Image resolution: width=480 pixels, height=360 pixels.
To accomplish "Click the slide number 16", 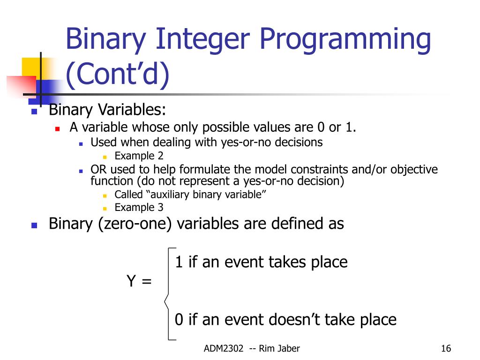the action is click(x=446, y=348).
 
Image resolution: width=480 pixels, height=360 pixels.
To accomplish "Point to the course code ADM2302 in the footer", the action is click(x=224, y=348).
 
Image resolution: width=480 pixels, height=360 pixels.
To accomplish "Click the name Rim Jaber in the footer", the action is click(x=279, y=348).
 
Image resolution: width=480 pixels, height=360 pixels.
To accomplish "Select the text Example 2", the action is click(x=139, y=156).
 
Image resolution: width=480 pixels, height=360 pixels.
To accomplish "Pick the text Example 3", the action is click(x=139, y=208).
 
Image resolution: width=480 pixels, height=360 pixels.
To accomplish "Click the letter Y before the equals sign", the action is click(x=131, y=280).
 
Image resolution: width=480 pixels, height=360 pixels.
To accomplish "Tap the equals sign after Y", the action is click(x=147, y=281).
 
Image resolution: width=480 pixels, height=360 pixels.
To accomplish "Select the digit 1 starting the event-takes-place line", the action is click(x=179, y=262).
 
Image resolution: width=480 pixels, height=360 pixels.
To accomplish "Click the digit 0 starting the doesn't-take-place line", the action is click(x=179, y=319).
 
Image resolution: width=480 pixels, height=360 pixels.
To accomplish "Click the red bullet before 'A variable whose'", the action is click(x=57, y=129).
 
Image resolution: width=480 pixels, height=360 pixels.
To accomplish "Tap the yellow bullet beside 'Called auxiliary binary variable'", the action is click(x=105, y=195).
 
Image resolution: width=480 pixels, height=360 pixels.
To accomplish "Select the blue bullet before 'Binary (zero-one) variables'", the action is click(x=34, y=225).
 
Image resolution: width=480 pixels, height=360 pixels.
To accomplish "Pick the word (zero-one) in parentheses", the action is click(x=135, y=224).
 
